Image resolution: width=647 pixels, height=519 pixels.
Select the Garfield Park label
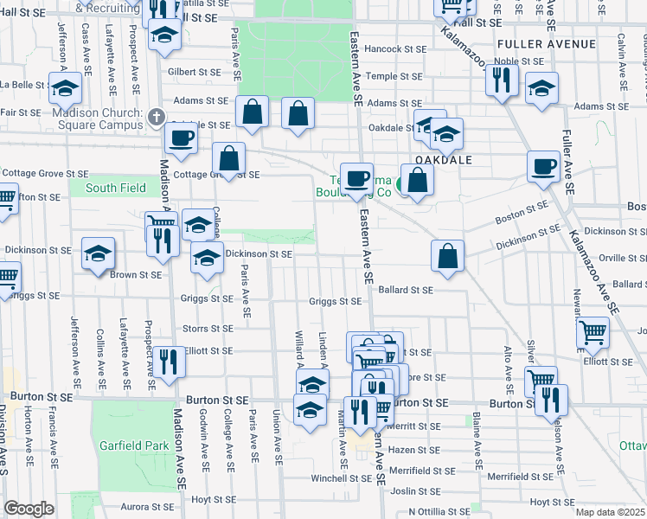132,445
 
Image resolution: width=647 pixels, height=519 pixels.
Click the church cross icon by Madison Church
156,115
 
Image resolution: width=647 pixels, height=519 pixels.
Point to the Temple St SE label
394,76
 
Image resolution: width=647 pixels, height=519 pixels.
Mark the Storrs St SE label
208,329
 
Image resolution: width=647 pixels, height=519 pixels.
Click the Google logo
29,509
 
